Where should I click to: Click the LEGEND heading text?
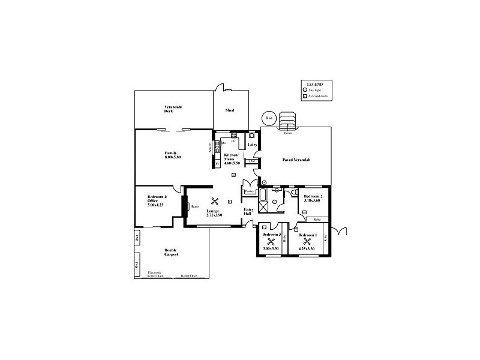tap(315, 83)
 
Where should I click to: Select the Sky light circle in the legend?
tap(305, 89)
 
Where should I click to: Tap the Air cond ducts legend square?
tap(305, 96)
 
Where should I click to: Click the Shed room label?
tap(229, 110)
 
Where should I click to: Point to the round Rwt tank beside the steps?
tap(269, 118)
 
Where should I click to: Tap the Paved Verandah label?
tap(296, 160)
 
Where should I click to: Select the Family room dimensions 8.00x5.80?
tap(173, 157)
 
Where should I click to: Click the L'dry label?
tap(253, 145)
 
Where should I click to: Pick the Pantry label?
tap(249, 192)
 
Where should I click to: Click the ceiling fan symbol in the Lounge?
tap(214, 202)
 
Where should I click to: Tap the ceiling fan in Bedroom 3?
tap(271, 242)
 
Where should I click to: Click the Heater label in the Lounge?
tap(194, 206)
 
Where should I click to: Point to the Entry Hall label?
tap(247, 212)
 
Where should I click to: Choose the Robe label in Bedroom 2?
tap(317, 220)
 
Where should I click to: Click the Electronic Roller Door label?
tap(155, 275)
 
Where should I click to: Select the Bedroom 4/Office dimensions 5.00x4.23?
tap(155, 205)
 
